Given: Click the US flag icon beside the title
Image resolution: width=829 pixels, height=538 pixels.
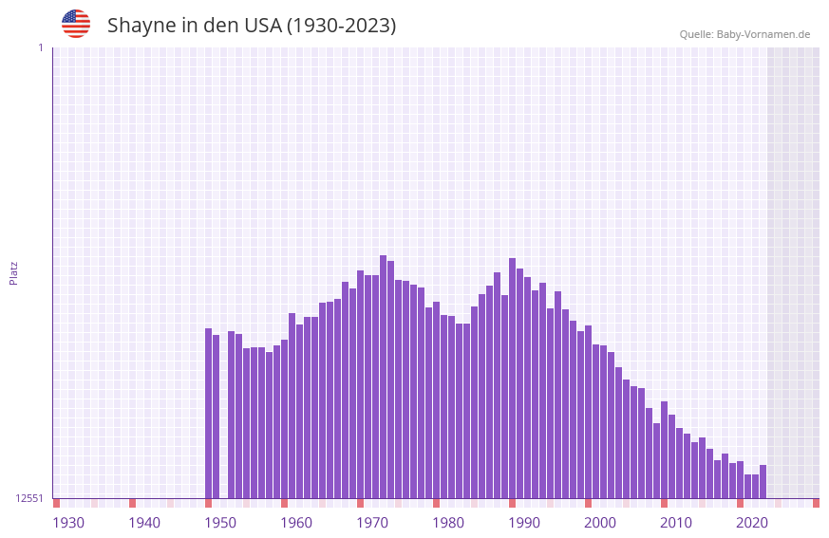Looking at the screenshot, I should click(x=76, y=24).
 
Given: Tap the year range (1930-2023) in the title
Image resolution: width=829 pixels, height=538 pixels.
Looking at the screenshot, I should click(x=341, y=26).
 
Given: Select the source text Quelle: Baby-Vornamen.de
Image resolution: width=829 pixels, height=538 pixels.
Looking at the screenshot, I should click(x=744, y=34).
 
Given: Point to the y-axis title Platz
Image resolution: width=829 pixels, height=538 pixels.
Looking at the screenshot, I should click(x=13, y=272).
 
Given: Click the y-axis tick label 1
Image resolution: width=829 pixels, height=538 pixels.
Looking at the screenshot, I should click(x=40, y=47).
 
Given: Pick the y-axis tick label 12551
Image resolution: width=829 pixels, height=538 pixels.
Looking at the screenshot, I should click(x=29, y=498).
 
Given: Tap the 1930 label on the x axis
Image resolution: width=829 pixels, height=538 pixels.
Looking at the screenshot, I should click(x=68, y=523).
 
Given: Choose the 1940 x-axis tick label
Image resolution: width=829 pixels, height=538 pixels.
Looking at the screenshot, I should click(x=144, y=523).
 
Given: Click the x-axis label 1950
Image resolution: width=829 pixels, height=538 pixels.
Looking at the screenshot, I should click(x=220, y=523).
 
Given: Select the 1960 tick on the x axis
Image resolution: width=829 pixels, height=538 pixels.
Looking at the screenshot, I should click(x=296, y=523).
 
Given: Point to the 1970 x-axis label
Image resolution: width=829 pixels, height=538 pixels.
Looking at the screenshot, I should click(x=372, y=523).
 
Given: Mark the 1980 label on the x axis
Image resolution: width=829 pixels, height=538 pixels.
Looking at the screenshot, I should click(x=448, y=523).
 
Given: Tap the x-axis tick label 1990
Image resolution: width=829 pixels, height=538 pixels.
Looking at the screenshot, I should click(x=524, y=523).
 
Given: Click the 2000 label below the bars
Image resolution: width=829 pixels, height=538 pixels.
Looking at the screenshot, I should click(x=600, y=523).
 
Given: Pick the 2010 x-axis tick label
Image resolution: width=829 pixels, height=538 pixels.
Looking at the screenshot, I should click(x=676, y=523).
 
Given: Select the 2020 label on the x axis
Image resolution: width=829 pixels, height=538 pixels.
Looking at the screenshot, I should click(x=752, y=523).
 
